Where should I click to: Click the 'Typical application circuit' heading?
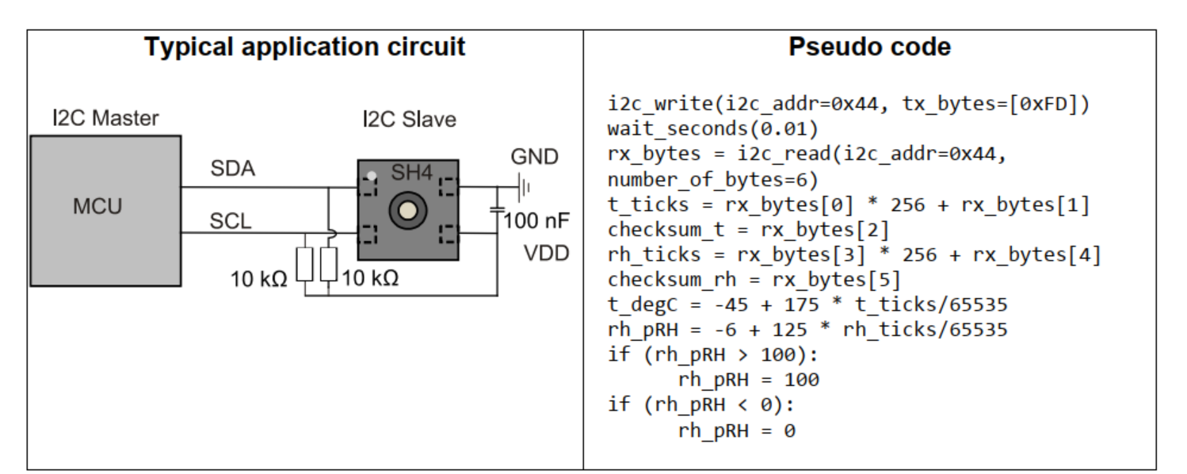pos(304,47)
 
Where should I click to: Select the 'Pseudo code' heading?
pos(869,47)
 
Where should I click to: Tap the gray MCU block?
pos(105,210)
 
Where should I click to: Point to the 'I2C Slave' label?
pos(409,120)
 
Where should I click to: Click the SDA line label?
pos(232,170)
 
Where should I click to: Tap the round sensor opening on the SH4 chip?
pos(408,210)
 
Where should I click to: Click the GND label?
pos(534,157)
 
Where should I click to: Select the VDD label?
pos(546,255)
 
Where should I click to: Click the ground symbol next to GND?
pos(523,188)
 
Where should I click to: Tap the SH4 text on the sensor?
pos(410,172)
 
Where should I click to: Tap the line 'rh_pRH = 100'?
pos(748,380)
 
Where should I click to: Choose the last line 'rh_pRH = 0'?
pos(736,430)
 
